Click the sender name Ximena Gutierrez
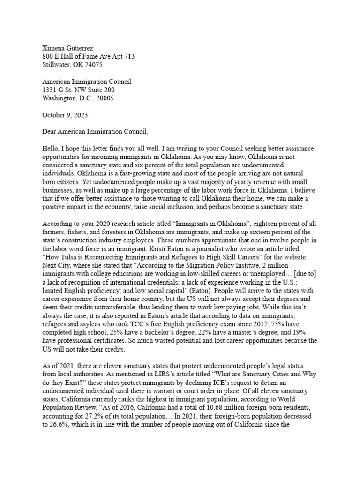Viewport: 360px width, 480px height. coord(68,48)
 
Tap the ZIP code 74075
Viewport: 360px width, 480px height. coord(92,65)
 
